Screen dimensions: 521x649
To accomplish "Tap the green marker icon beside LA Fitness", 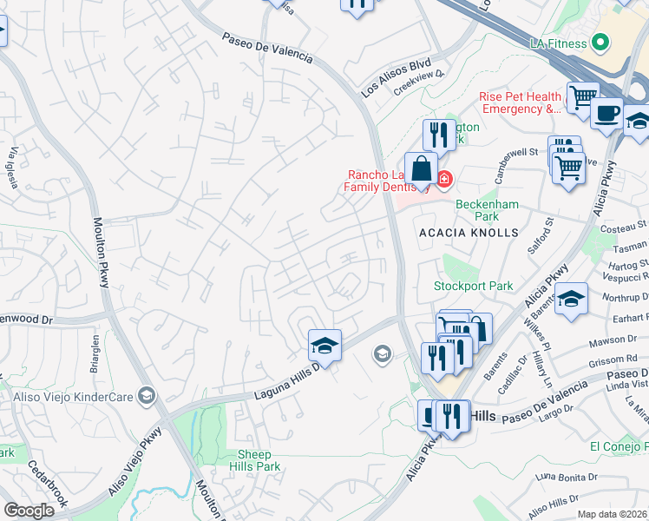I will point(599,43).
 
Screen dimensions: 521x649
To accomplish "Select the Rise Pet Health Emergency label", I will point(521,102).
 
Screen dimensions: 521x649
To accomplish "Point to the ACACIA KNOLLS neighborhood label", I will point(469,233).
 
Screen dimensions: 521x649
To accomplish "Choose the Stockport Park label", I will point(474,286).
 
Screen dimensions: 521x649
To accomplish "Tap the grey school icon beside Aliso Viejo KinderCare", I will point(147,396).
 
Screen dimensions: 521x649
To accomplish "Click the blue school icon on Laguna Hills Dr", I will point(324,346).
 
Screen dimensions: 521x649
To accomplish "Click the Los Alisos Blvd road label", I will point(396,77).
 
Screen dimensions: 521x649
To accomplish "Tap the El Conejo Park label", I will point(619,446).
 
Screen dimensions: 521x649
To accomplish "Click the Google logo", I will point(29,511).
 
